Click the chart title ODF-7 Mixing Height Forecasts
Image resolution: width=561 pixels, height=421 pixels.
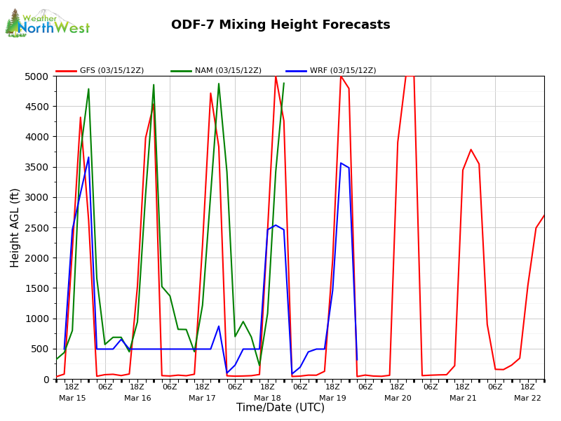click(280, 25)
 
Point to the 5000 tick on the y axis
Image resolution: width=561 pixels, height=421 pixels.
click(39, 76)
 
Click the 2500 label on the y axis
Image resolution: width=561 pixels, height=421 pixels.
click(39, 227)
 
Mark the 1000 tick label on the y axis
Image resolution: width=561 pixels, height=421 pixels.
click(39, 319)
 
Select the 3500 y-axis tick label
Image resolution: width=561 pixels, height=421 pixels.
click(39, 167)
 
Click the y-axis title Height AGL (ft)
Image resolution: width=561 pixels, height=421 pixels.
click(15, 227)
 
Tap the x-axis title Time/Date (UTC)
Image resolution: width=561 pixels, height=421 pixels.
click(280, 408)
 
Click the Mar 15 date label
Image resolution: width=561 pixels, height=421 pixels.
click(72, 398)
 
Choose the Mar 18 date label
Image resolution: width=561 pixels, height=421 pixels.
click(267, 398)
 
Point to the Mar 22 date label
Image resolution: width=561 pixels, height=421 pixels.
click(527, 398)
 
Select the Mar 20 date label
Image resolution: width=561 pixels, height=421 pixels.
click(398, 398)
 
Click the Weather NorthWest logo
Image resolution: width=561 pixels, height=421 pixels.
click(47, 23)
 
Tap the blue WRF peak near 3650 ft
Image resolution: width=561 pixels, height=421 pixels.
click(88, 157)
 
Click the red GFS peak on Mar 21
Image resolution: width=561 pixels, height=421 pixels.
click(471, 149)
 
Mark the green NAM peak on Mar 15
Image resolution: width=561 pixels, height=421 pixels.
click(88, 89)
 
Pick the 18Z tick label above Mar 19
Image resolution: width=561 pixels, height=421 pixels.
click(332, 387)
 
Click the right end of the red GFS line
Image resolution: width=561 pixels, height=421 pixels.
click(543, 215)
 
